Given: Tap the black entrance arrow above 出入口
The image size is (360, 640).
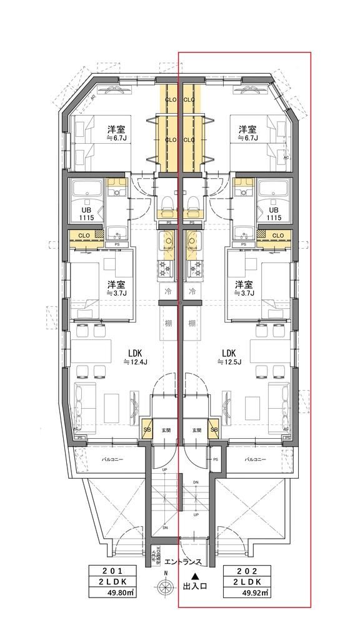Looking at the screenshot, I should [x=195, y=577].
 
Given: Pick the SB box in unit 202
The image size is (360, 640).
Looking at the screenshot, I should [x=214, y=430].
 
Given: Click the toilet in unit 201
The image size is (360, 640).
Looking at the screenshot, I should [x=167, y=203].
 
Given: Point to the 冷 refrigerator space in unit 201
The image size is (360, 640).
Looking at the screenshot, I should [x=167, y=292].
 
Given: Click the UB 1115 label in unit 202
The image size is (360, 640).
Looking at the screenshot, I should [x=274, y=213].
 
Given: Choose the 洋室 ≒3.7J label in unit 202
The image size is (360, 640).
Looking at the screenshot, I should [x=242, y=288].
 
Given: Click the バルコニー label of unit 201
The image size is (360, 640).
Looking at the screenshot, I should [x=112, y=459].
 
